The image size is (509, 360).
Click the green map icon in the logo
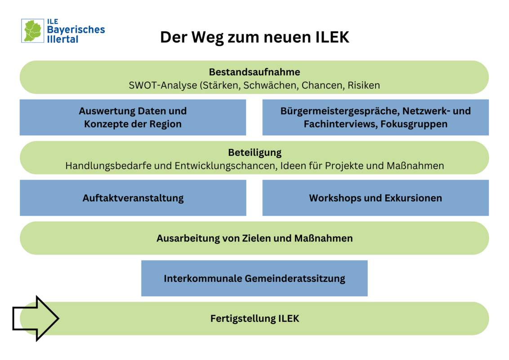click(32, 31)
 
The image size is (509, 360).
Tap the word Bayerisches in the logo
click(76, 30)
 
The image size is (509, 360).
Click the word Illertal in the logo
click(63, 39)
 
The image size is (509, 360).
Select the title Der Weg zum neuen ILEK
click(254, 37)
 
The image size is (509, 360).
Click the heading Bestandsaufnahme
click(254, 72)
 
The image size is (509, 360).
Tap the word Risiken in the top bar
click(364, 85)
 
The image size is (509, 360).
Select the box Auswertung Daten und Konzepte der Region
click(133, 117)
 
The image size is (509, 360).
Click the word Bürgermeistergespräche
click(339, 111)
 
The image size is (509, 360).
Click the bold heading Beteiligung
click(254, 152)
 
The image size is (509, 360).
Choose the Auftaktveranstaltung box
click(133, 198)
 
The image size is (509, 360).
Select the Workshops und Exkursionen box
click(375, 198)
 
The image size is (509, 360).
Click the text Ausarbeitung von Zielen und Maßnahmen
click(254, 238)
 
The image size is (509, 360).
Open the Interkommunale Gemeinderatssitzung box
click(254, 278)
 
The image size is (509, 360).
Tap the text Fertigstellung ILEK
click(254, 319)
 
